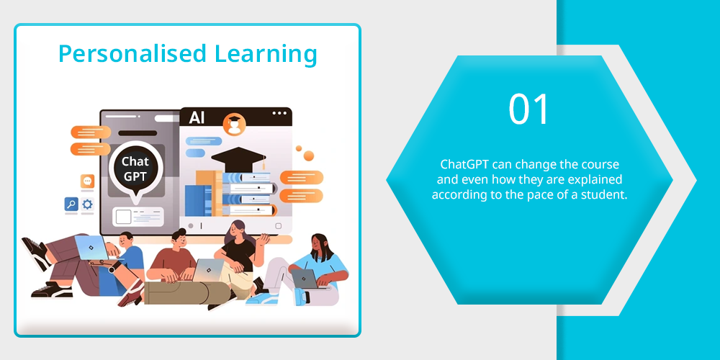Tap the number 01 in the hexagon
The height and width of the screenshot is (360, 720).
(x=529, y=109)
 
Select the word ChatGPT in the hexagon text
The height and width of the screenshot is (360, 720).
(x=461, y=164)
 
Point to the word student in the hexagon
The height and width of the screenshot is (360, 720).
(x=607, y=194)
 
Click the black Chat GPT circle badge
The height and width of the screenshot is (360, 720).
(x=135, y=168)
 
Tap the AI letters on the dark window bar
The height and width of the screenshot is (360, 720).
(x=197, y=119)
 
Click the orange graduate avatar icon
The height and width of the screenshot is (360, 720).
(x=234, y=125)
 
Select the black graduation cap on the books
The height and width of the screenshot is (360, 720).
(x=238, y=159)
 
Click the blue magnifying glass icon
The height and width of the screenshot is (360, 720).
(x=71, y=204)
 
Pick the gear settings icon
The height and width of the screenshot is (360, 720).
(x=87, y=204)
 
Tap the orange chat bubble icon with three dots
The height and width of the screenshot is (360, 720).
(x=87, y=181)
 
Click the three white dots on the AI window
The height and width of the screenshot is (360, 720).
(x=279, y=114)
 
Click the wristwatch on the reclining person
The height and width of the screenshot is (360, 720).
(x=112, y=269)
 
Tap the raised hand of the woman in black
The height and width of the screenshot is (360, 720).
(x=264, y=239)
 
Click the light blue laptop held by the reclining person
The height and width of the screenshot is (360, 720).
(x=91, y=247)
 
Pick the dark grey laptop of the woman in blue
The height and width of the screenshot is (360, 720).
(x=305, y=278)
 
